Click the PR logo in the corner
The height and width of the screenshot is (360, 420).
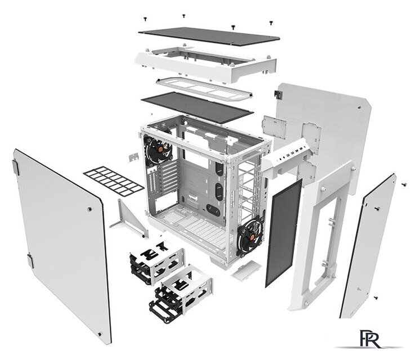pos(370,339)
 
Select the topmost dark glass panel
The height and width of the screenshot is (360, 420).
pos(209,36)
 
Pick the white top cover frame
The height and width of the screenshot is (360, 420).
pos(205,63)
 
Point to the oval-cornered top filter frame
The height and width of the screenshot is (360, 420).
pos(204,88)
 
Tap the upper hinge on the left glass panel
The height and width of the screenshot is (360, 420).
pos(16,167)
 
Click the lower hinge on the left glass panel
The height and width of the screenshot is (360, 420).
pos(30,261)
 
